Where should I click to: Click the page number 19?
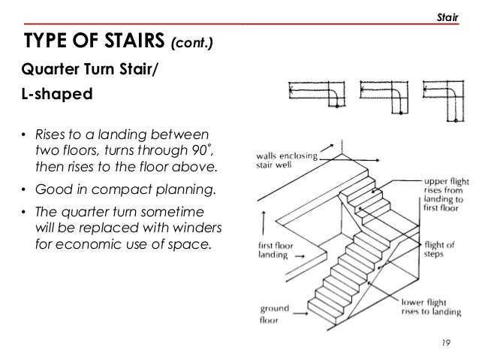[448, 344]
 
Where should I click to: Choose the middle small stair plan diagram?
[381, 96]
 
